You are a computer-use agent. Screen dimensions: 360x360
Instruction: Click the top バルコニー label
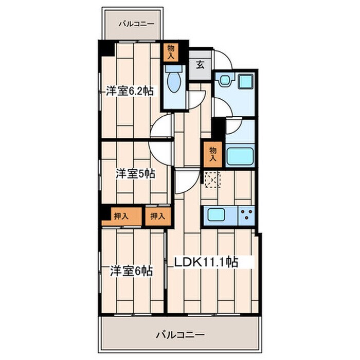(x=136, y=24)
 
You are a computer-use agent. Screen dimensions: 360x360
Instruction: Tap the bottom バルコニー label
(x=180, y=335)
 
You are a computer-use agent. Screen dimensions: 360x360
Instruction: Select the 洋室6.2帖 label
(x=130, y=91)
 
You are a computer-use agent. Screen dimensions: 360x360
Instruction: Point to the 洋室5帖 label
(x=135, y=174)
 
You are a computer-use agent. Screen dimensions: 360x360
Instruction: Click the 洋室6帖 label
(x=131, y=271)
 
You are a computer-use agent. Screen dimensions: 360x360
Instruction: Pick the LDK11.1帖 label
(x=206, y=262)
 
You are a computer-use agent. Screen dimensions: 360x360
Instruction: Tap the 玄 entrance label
(x=200, y=65)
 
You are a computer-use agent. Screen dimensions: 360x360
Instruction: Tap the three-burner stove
(x=247, y=215)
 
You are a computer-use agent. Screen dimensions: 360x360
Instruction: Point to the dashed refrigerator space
(x=212, y=179)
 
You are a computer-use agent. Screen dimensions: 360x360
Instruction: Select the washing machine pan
(x=246, y=81)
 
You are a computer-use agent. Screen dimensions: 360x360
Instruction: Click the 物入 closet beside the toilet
(x=171, y=52)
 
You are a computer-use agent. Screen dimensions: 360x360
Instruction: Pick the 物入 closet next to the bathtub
(x=213, y=154)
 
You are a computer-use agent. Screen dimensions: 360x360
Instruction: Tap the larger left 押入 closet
(x=121, y=217)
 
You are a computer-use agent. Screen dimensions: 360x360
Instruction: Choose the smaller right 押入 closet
(x=158, y=217)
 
